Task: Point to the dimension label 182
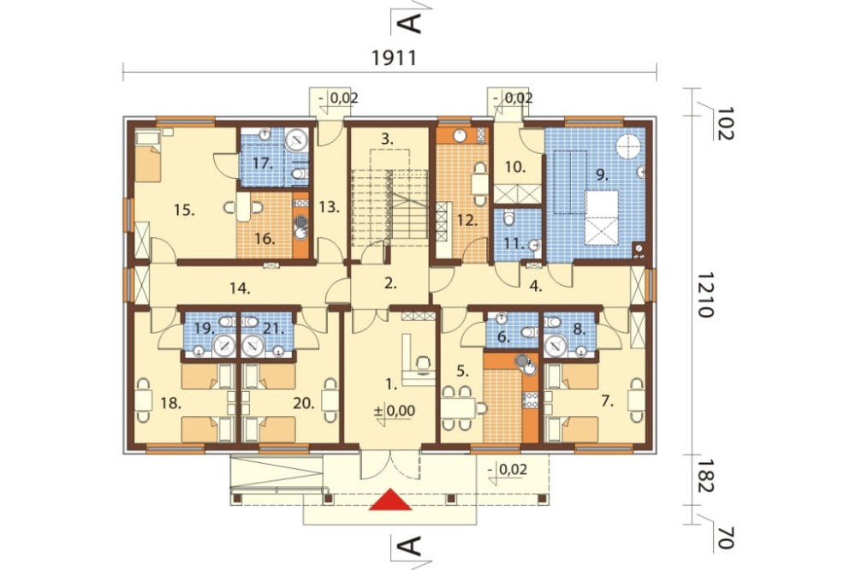[x=704, y=482]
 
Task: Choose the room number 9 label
[x=601, y=174]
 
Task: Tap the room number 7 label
[x=608, y=399]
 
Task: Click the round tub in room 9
[x=630, y=145]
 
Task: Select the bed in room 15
[x=147, y=159]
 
